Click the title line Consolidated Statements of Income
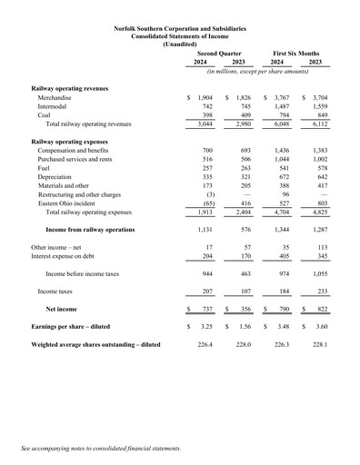180,36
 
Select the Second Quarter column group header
220,54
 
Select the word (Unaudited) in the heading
180,44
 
